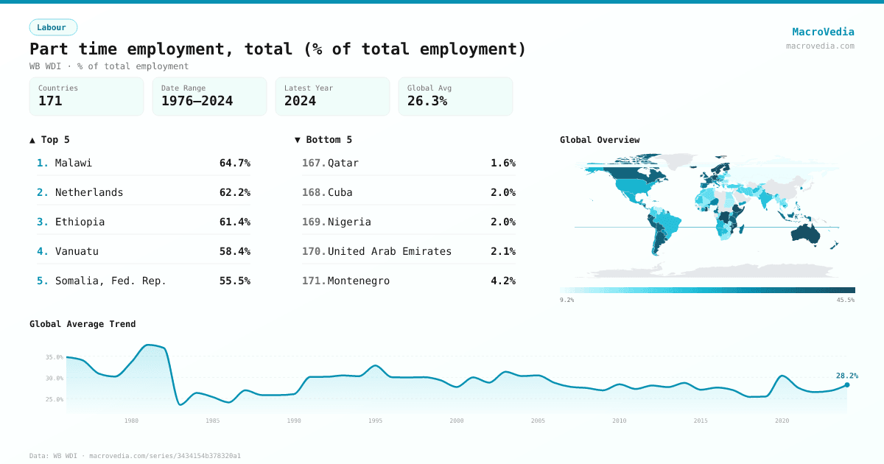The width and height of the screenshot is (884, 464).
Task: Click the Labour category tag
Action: pyautogui.click(x=52, y=27)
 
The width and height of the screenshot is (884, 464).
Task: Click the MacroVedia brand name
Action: pyautogui.click(x=823, y=32)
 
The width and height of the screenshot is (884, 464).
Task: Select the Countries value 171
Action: pyautogui.click(x=50, y=101)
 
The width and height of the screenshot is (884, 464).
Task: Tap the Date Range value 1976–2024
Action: pyautogui.click(x=197, y=101)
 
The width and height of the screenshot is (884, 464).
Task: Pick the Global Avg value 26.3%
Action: pyautogui.click(x=427, y=101)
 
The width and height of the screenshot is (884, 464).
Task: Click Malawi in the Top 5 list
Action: pyautogui.click(x=74, y=163)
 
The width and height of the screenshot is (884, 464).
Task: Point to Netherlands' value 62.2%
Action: pyautogui.click(x=234, y=192)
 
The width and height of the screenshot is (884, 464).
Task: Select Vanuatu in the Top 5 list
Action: pyautogui.click(x=77, y=251)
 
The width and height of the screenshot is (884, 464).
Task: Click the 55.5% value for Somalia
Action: pyautogui.click(x=234, y=281)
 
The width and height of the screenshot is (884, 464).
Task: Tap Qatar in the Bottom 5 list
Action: pyautogui.click(x=343, y=163)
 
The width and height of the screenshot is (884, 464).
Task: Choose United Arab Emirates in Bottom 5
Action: pyautogui.click(x=389, y=251)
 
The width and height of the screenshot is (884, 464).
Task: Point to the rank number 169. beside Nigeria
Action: pyautogui.click(x=314, y=222)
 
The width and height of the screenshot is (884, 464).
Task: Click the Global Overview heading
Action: pyautogui.click(x=600, y=140)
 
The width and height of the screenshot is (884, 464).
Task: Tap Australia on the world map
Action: pyautogui.click(x=810, y=233)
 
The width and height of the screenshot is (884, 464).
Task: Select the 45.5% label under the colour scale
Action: pyautogui.click(x=845, y=300)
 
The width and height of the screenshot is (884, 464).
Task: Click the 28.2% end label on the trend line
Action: pyautogui.click(x=846, y=376)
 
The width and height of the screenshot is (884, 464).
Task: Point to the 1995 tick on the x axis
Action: pyautogui.click(x=375, y=421)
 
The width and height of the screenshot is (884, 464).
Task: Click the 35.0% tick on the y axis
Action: pyautogui.click(x=55, y=357)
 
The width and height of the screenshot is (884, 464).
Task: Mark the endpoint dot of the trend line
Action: pyautogui.click(x=846, y=384)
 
